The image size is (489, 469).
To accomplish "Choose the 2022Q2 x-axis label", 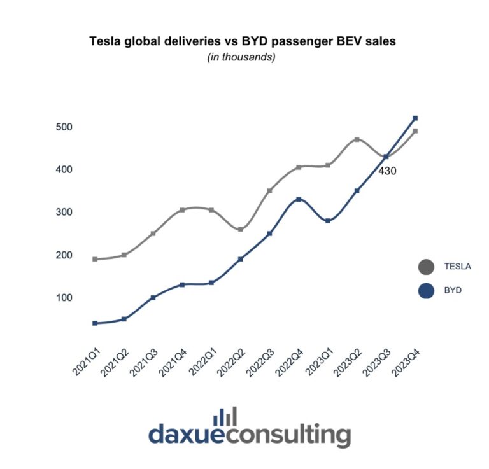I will [230, 361].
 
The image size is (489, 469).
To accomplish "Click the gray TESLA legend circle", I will [426, 267].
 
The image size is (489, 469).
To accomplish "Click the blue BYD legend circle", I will [426, 290].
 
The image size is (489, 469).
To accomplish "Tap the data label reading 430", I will [388, 171].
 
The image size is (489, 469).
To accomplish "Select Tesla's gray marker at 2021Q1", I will [95, 259].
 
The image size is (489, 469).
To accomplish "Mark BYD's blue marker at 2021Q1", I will [95, 323].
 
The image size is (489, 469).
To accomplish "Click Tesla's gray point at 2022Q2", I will [240, 229].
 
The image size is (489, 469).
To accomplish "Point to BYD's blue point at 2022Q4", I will [299, 199].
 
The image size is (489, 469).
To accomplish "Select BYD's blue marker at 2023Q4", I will [415, 118].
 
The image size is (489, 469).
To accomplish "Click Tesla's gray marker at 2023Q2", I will [357, 139].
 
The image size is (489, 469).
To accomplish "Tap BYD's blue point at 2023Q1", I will [328, 221].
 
